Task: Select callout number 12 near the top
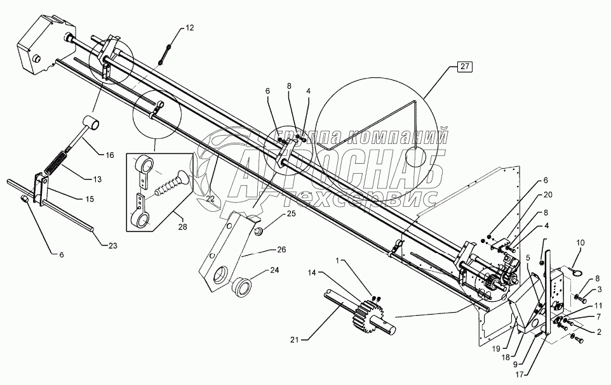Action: [x=191, y=28]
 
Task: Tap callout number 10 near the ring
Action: [x=580, y=243]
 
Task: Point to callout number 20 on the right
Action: [x=548, y=195]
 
